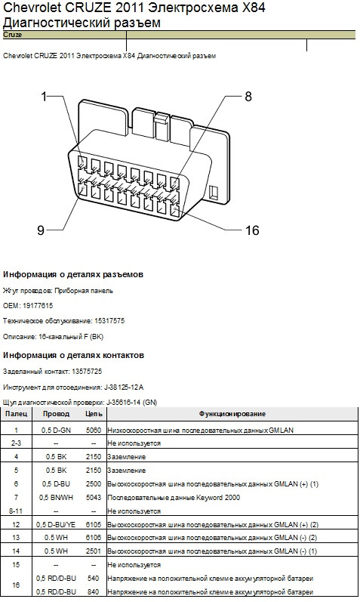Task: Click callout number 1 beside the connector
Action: pyautogui.click(x=44, y=96)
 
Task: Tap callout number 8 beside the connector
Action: pyautogui.click(x=248, y=97)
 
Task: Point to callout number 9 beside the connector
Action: pyautogui.click(x=41, y=230)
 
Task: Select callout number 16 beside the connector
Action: pyautogui.click(x=252, y=230)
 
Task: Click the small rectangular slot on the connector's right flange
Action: pyautogui.click(x=214, y=192)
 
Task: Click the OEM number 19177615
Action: pyautogui.click(x=38, y=306)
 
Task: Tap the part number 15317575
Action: pyautogui.click(x=109, y=321)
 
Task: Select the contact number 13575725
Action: pyautogui.click(x=87, y=372)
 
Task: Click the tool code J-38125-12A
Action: pyautogui.click(x=124, y=387)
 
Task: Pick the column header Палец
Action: pyautogui.click(x=17, y=414)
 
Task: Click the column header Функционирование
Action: pyautogui.click(x=232, y=414)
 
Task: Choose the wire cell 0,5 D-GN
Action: pyautogui.click(x=56, y=431)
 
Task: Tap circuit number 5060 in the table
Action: pyautogui.click(x=94, y=431)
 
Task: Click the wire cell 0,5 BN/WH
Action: pyautogui.click(x=56, y=498)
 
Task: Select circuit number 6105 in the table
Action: pyautogui.click(x=94, y=525)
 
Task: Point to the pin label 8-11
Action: pyautogui.click(x=16, y=511)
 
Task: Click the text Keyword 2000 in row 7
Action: pyautogui.click(x=218, y=498)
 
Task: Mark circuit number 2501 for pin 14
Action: pyautogui.click(x=94, y=551)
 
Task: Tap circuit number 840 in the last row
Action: pyautogui.click(x=94, y=592)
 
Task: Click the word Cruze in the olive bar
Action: pyautogui.click(x=13, y=35)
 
